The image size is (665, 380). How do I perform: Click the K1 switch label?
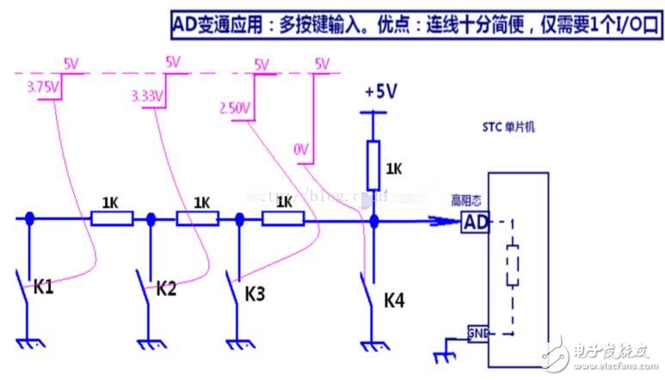pos(43,286)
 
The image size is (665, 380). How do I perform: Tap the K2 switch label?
pos(166,288)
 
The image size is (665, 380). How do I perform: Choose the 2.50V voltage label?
pos(233,108)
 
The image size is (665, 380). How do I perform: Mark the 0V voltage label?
pos(301,150)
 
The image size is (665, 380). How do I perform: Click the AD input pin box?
pos(477,222)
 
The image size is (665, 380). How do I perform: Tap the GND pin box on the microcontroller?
pos(477,333)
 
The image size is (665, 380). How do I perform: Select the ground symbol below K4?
pos(373,346)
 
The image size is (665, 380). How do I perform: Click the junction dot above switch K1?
pos(29,219)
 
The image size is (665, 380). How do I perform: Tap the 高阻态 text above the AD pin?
pos(465,201)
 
